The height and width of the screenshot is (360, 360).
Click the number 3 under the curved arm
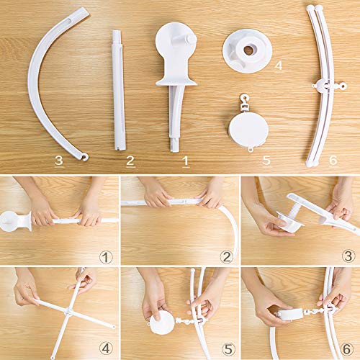pyautogui.click(x=58, y=160)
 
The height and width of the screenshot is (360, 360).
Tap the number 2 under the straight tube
pyautogui.click(x=130, y=160)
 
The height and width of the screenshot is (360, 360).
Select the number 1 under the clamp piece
pyautogui.click(x=185, y=160)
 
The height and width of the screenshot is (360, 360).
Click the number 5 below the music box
pyautogui.click(x=266, y=159)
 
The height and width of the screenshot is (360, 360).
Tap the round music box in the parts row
pyautogui.click(x=248, y=127)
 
